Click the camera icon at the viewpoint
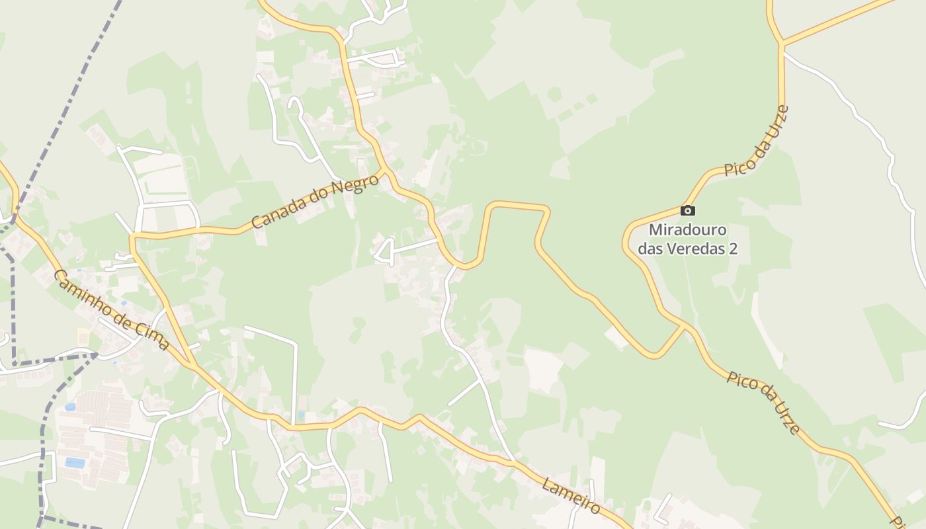[x=688, y=210]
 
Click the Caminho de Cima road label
[x=110, y=309]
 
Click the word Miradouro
[x=688, y=231]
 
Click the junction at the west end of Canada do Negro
[x=132, y=235]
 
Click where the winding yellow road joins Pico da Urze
[x=685, y=325]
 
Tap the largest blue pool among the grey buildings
[x=74, y=463]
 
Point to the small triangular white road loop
[x=386, y=251]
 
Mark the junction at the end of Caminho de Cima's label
[x=192, y=364]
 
